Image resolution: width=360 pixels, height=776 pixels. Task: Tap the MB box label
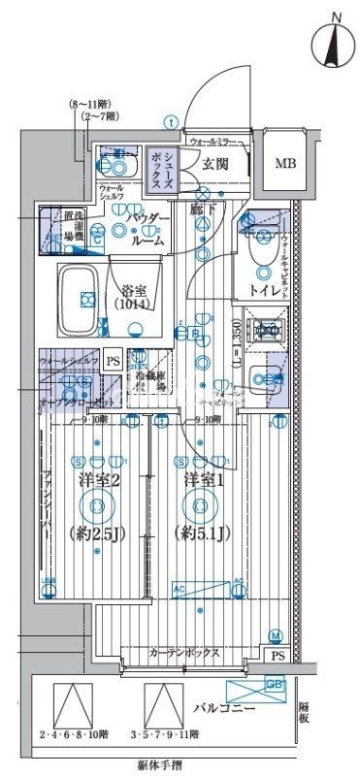click(x=285, y=162)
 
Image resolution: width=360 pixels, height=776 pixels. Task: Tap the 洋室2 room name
click(x=95, y=479)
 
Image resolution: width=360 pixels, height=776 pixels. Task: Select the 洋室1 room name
click(x=200, y=479)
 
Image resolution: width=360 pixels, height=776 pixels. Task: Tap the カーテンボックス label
click(x=183, y=654)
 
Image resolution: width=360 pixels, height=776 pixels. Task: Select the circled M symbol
click(x=276, y=635)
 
